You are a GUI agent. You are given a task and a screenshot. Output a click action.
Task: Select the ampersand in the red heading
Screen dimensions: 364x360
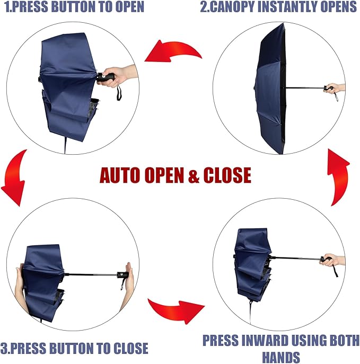point(195,175)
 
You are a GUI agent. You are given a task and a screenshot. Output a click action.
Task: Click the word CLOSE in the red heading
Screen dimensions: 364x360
point(227,175)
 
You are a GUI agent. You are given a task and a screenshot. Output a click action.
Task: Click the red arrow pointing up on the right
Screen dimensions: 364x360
point(340,177)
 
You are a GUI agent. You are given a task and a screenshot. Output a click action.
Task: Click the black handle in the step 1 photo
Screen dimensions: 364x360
point(106,77)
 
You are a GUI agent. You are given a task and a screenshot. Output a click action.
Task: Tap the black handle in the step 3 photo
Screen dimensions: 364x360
point(123,276)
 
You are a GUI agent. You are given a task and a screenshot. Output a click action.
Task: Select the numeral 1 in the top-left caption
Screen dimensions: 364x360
point(7,7)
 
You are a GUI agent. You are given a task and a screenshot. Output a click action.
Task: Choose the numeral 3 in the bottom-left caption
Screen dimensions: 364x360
point(4,348)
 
